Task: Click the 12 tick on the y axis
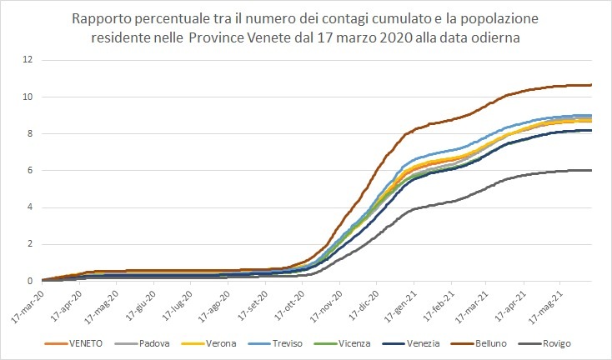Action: (28, 60)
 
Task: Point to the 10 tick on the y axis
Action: (28, 97)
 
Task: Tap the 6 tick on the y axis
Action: (30, 171)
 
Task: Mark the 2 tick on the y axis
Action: (30, 244)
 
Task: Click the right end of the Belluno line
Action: (590, 85)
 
